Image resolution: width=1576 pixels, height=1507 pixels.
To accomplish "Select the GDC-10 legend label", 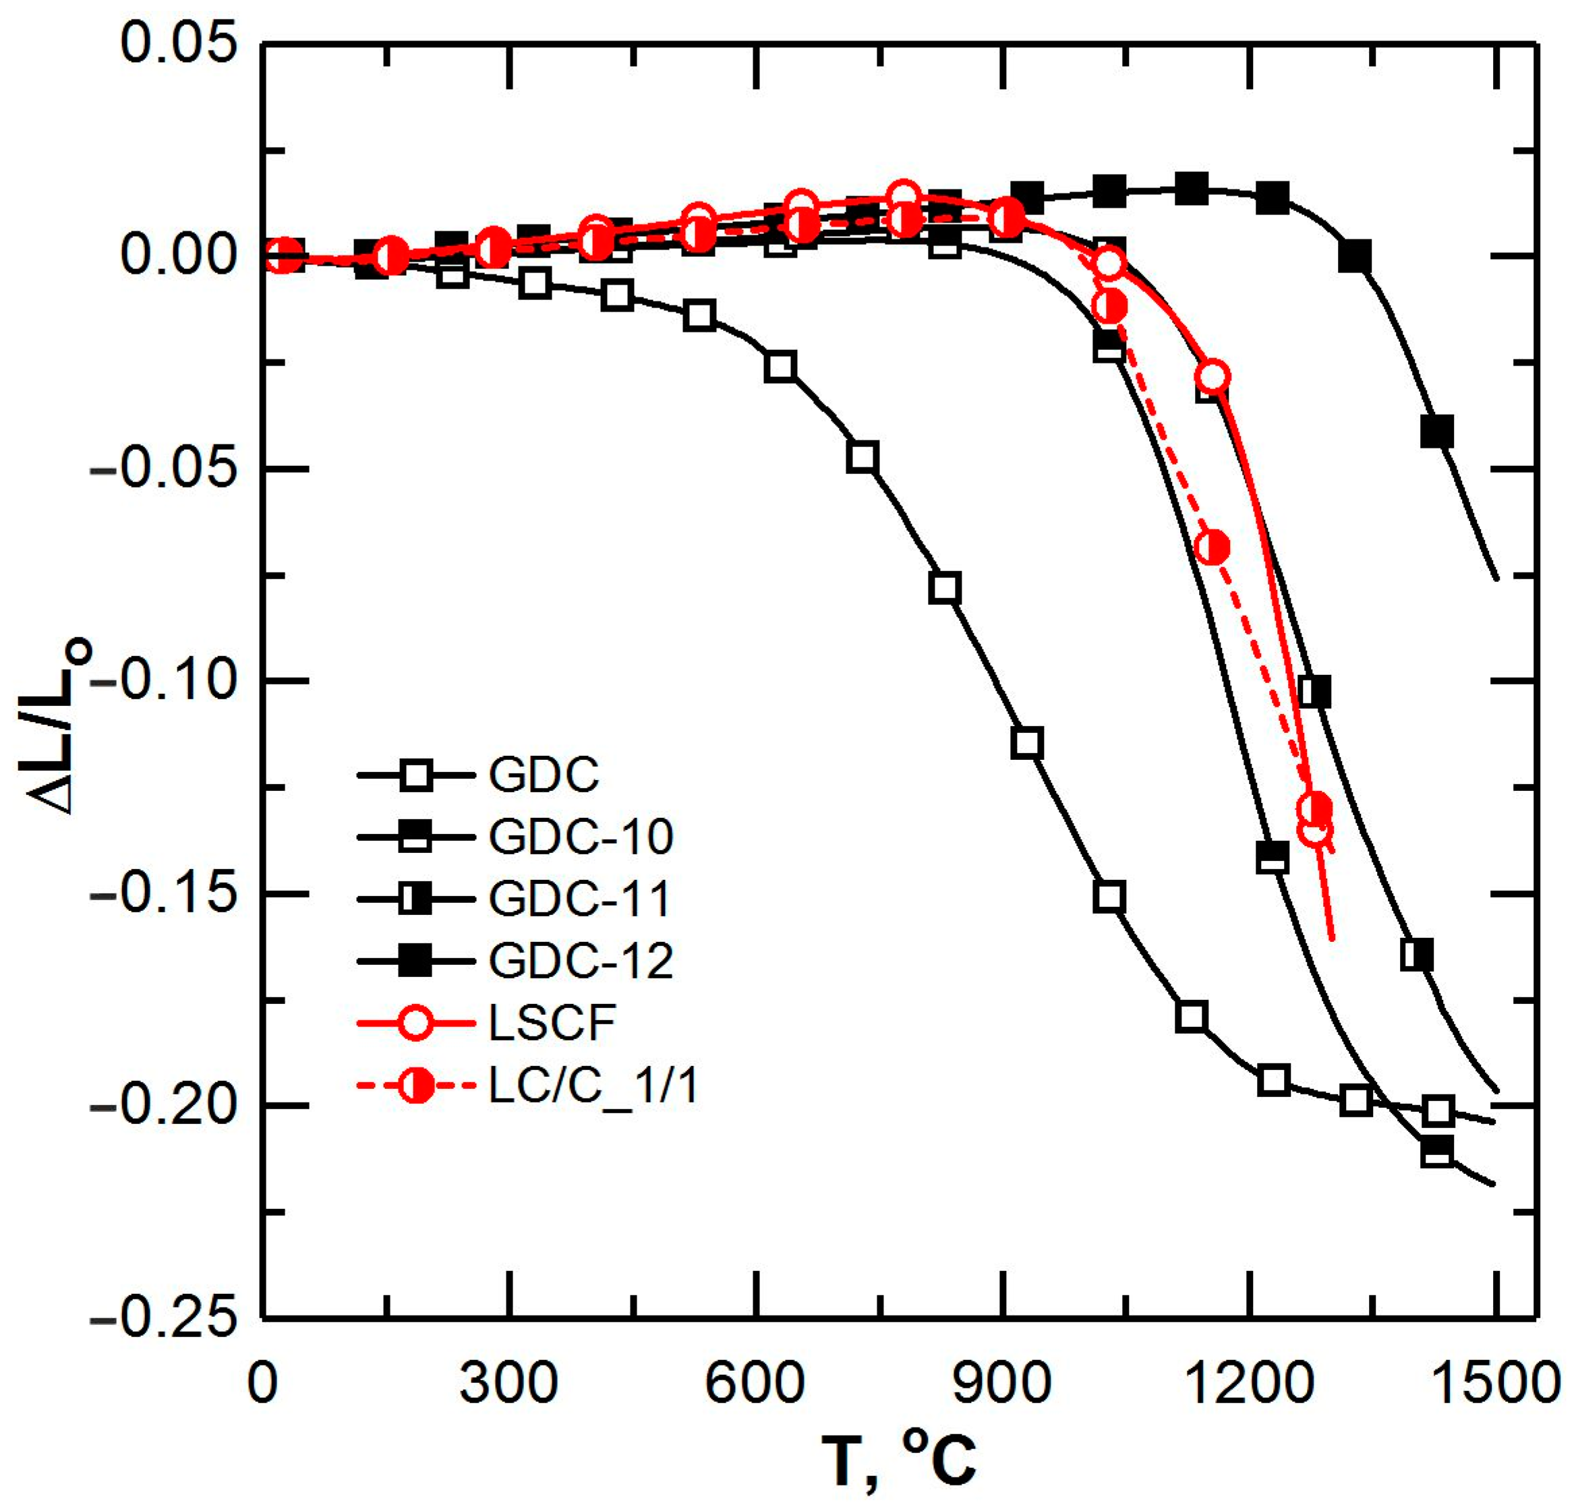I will point(581,837).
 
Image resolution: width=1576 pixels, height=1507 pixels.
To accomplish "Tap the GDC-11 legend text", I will point(579,899).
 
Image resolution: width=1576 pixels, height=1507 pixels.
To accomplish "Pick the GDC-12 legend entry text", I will point(581,961).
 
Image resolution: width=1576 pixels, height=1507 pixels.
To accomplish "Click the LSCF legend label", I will point(552,1023).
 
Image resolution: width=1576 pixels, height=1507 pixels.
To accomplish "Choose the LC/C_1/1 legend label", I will point(593,1086).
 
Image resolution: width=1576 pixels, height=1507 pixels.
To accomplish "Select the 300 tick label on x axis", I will point(508,1384).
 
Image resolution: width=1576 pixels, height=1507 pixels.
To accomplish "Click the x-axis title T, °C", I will point(899,1460).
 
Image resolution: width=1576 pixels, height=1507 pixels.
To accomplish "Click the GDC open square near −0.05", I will point(863,457).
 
